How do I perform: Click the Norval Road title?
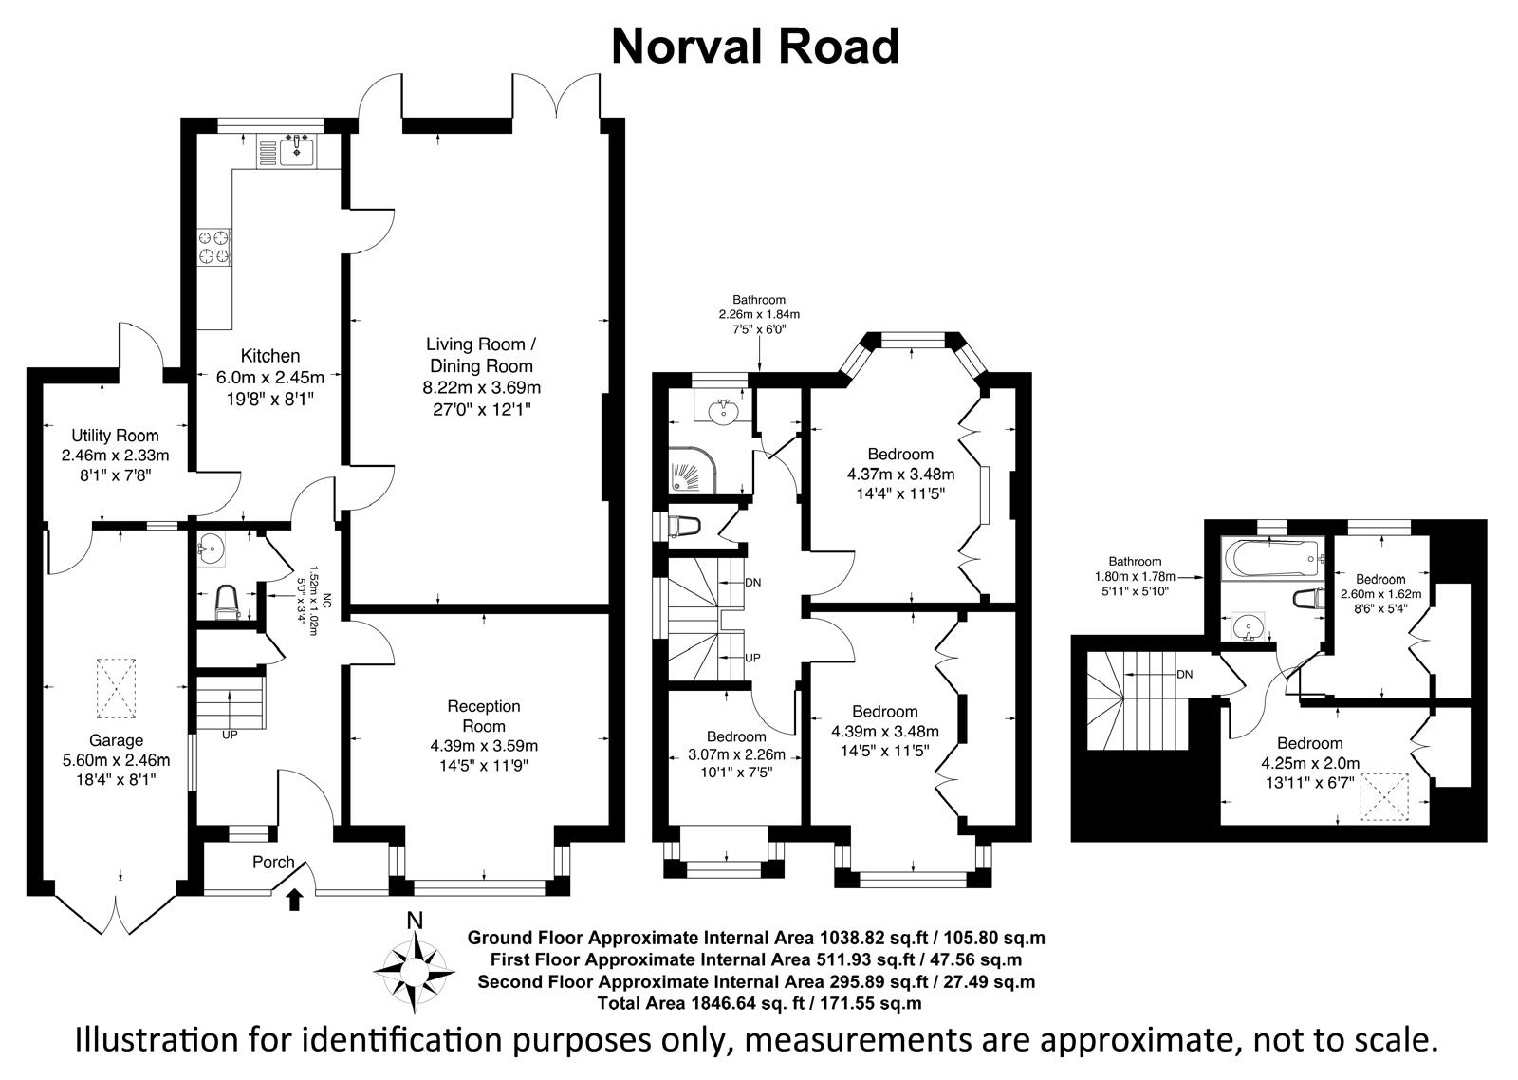pos(755,47)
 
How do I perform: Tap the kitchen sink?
pos(297,150)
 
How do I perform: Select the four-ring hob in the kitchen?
pos(214,247)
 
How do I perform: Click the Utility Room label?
pos(115,436)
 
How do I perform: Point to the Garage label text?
pos(116,740)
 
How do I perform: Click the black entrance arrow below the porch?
pos(294,901)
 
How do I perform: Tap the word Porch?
pos(274,863)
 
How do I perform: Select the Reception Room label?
pos(484,716)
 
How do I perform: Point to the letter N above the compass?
pos(415,921)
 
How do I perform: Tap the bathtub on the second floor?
pos(1272,559)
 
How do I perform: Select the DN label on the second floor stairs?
pos(1185,675)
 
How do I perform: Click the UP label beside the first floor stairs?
pos(752,658)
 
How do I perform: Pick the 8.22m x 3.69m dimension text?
pos(482,388)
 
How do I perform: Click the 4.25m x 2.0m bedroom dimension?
pos(1310,763)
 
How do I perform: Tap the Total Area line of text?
pos(759,1003)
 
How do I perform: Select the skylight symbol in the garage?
pos(117,688)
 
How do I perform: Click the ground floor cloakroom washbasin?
pos(212,548)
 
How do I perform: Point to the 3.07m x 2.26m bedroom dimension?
pos(736,754)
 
